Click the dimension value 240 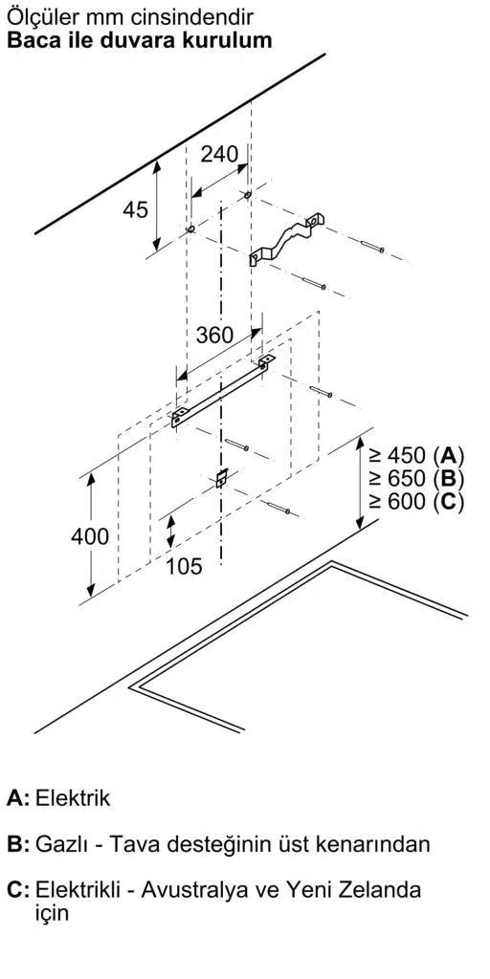click(x=219, y=154)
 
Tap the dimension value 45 click(x=135, y=209)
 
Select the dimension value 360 click(x=215, y=336)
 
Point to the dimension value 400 click(x=90, y=535)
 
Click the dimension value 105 click(x=185, y=566)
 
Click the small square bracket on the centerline click(x=221, y=478)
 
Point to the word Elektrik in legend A click(x=73, y=797)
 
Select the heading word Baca click(x=31, y=40)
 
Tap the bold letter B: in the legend click(x=18, y=844)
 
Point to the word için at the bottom click(x=52, y=914)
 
